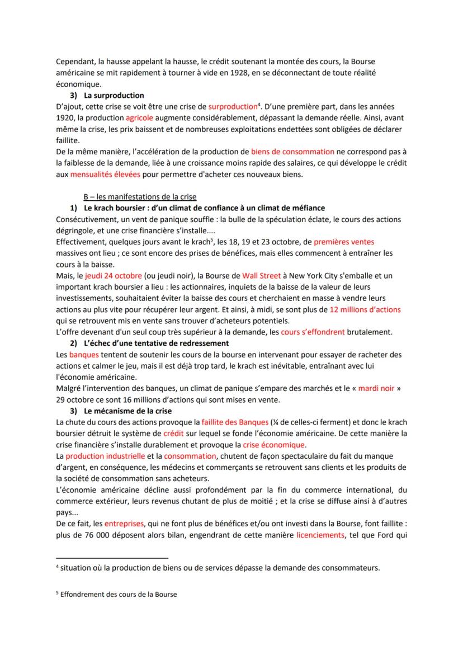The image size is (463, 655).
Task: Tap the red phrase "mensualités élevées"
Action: point(105,174)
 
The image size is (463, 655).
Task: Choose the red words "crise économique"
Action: point(274,445)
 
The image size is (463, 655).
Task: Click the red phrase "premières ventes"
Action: point(344,242)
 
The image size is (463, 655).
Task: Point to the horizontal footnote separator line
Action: point(112,558)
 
